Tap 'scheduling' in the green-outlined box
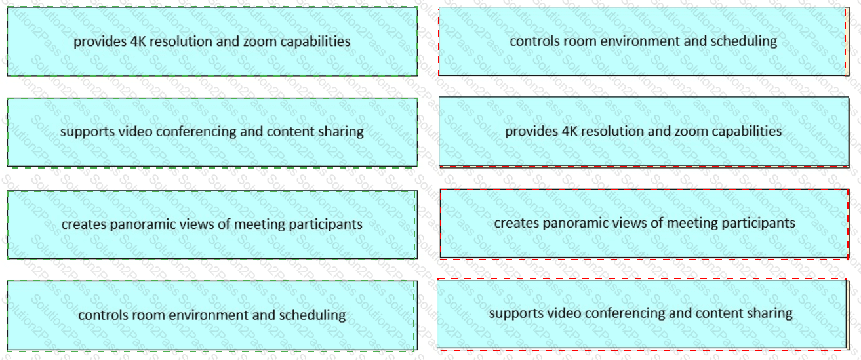click(312, 315)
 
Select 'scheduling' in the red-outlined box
click(744, 41)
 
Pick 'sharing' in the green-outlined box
click(341, 132)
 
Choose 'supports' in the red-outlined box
click(513, 313)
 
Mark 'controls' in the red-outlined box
click(532, 41)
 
